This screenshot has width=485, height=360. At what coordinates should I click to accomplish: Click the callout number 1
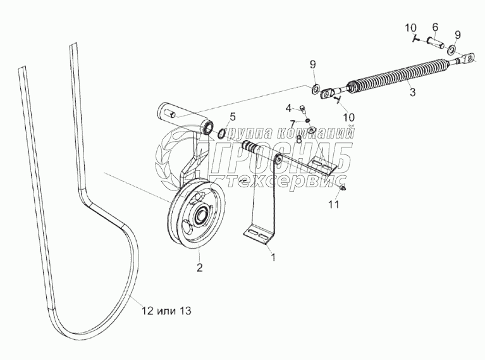pyautogui.click(x=273, y=258)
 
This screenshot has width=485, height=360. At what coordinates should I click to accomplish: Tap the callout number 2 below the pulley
pyautogui.click(x=199, y=268)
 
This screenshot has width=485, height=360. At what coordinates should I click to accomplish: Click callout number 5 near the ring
pyautogui.click(x=232, y=116)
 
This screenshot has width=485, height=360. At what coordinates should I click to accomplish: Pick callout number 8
pyautogui.click(x=298, y=139)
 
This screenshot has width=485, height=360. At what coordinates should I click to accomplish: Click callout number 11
pyautogui.click(x=334, y=204)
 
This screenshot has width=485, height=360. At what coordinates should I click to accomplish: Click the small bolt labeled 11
pyautogui.click(x=343, y=188)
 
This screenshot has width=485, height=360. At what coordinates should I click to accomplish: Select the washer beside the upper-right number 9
pyautogui.click(x=454, y=49)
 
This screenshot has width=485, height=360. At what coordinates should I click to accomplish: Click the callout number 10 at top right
pyautogui.click(x=410, y=27)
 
